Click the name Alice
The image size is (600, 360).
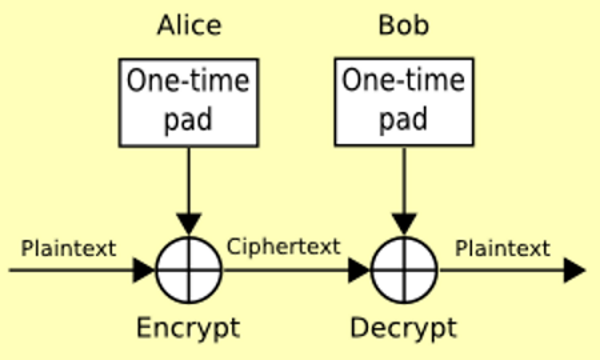point(189,25)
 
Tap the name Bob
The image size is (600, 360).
point(404,25)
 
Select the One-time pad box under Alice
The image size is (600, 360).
point(188,102)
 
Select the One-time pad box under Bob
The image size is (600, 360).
point(404,102)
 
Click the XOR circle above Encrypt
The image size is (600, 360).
point(189,270)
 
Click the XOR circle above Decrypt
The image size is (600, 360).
point(404,270)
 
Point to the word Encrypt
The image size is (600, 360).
point(188,328)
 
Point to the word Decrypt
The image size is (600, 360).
point(404,328)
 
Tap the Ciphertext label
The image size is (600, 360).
point(284,247)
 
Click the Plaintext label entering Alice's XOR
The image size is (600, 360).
point(68,248)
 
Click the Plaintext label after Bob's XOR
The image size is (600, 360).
point(502,248)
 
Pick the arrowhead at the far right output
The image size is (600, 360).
point(575,270)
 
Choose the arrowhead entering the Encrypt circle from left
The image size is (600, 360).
point(144,270)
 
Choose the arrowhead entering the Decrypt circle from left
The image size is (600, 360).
point(359,270)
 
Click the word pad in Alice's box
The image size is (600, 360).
point(188,120)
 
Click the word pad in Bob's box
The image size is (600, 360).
point(404,120)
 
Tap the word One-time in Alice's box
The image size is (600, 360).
point(188,80)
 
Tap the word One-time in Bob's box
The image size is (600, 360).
point(404,80)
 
